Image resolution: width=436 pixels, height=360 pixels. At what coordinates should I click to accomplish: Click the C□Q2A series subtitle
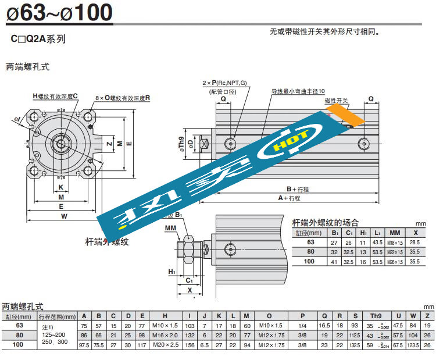[x=38, y=40]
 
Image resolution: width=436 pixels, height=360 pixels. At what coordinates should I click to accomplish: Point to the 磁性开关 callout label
[x=336, y=101]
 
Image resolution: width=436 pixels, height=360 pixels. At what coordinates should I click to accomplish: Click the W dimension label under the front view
[x=65, y=216]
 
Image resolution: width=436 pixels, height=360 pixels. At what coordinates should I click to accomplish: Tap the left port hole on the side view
[x=231, y=142]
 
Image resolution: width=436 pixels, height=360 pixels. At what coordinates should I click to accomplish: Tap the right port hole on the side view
[x=364, y=142]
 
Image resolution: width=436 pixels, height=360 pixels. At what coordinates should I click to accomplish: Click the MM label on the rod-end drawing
[x=170, y=227]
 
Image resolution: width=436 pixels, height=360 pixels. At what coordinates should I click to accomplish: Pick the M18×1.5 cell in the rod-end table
[x=395, y=242]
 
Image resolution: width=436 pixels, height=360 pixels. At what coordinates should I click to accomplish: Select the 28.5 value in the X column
[x=415, y=242]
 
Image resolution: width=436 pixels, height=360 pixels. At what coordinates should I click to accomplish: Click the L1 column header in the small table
[x=377, y=232]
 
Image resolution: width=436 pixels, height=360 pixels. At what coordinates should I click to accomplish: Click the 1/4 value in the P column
[x=302, y=326]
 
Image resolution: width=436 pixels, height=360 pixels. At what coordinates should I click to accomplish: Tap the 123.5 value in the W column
[x=413, y=345]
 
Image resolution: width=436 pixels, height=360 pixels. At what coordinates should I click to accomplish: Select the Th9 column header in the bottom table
[x=376, y=316]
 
